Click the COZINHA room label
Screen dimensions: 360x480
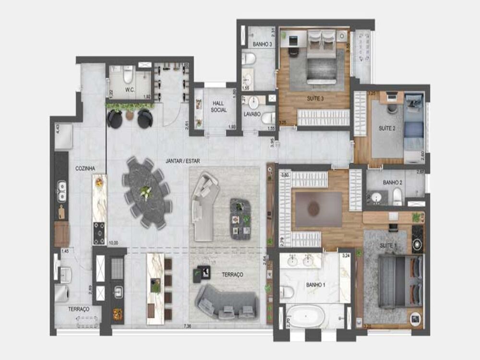(x=85, y=168)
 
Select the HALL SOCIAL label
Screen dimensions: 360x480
(x=218, y=107)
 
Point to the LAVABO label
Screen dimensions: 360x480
(x=252, y=115)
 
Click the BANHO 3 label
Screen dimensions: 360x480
(x=263, y=44)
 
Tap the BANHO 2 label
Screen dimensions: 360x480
(x=392, y=183)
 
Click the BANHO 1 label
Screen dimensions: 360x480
(x=316, y=285)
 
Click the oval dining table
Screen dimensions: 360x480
(x=146, y=192)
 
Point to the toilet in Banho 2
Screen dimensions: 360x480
(x=397, y=196)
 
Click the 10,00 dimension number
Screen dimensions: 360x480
(x=113, y=243)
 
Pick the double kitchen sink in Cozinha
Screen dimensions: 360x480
(x=62, y=191)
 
